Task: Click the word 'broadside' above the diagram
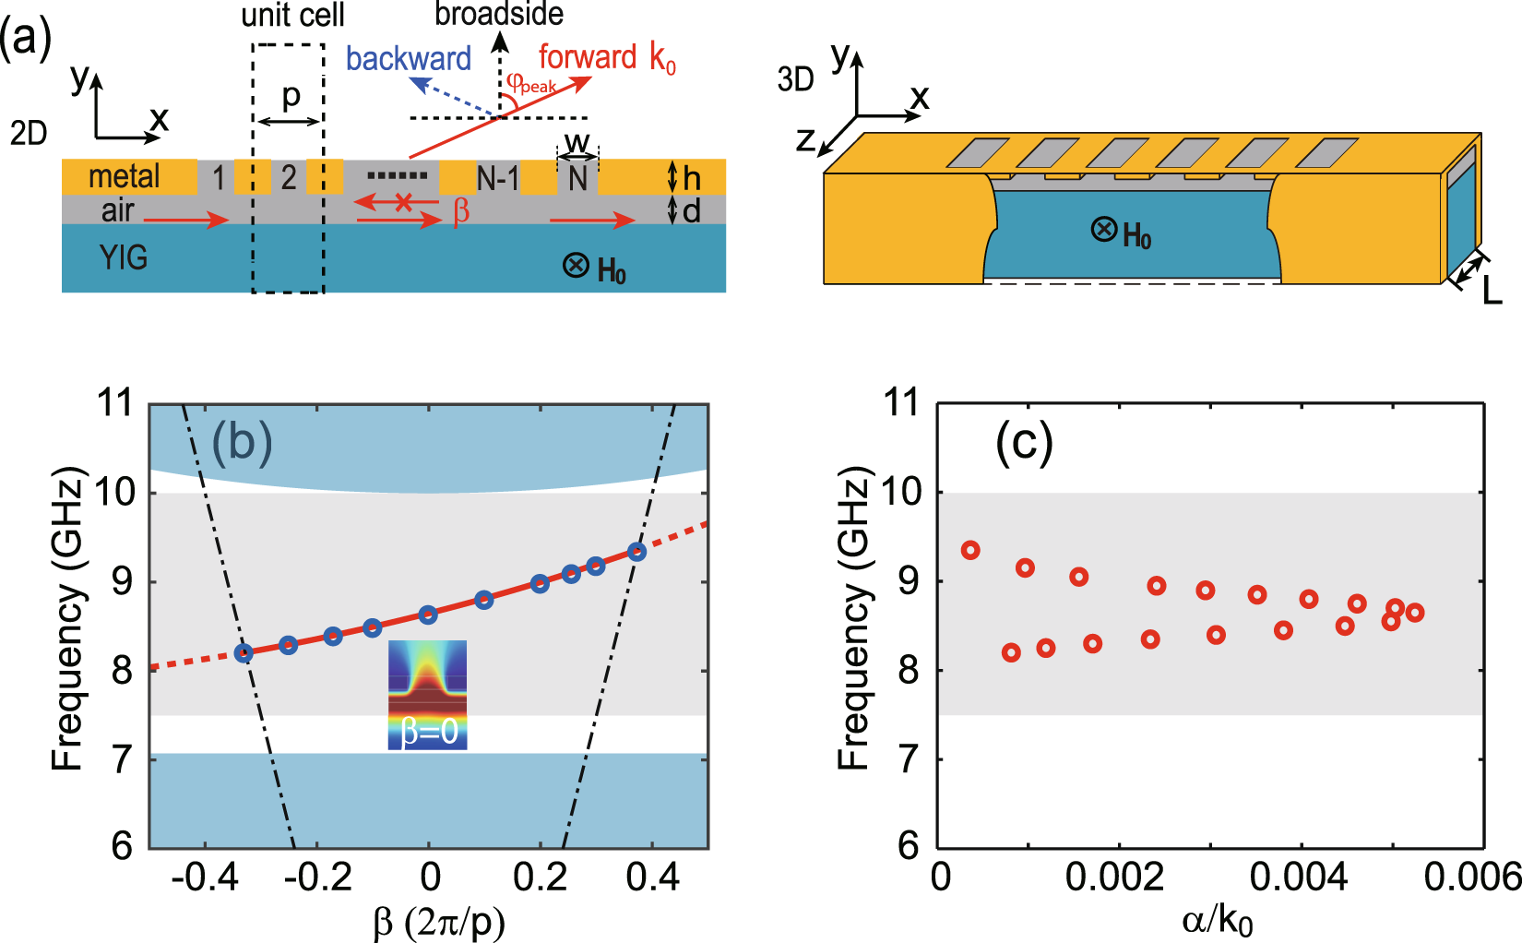pyautogui.click(x=499, y=14)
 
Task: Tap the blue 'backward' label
pyautogui.click(x=408, y=59)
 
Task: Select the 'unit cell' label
pyautogui.click(x=292, y=15)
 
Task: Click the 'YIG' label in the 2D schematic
pyautogui.click(x=124, y=257)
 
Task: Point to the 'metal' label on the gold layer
pyautogui.click(x=124, y=176)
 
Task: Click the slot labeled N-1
pyautogui.click(x=498, y=177)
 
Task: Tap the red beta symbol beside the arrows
pyautogui.click(x=461, y=211)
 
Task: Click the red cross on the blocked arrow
pyautogui.click(x=403, y=201)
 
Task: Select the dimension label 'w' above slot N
pyautogui.click(x=577, y=142)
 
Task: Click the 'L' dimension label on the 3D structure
pyautogui.click(x=1492, y=292)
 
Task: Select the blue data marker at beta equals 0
pyautogui.click(x=428, y=615)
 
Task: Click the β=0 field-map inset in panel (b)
pyautogui.click(x=427, y=694)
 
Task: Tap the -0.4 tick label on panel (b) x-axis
pyautogui.click(x=205, y=877)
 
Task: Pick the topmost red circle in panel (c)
pyautogui.click(x=970, y=551)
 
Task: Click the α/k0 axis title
pyautogui.click(x=1217, y=920)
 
